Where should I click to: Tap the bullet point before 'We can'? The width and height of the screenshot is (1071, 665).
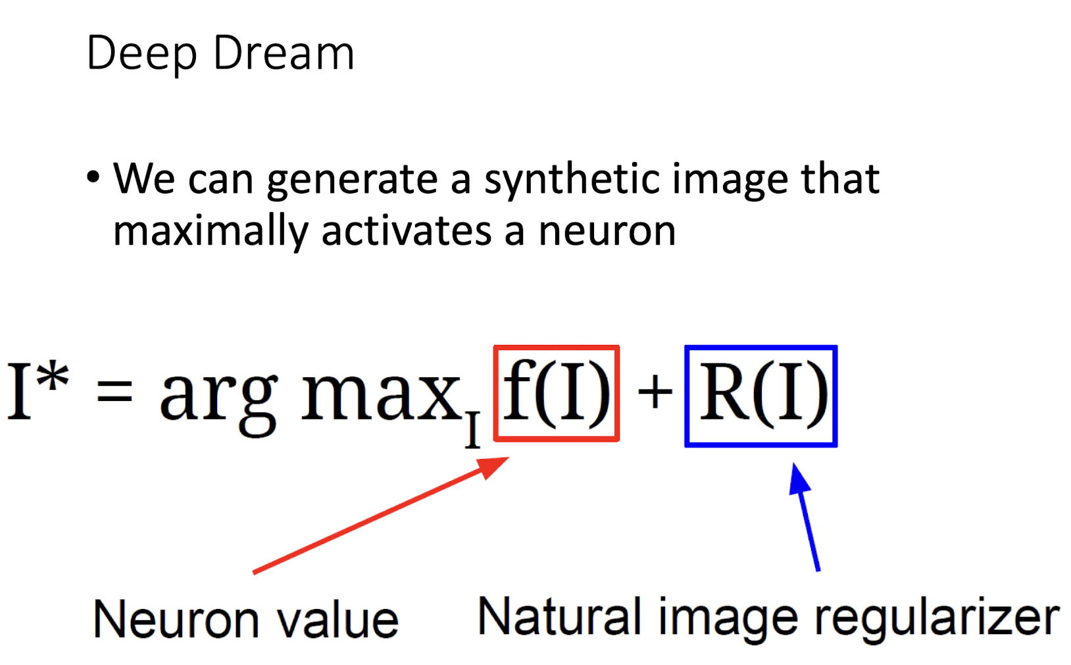tap(93, 177)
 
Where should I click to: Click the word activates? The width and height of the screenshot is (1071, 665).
tap(406, 231)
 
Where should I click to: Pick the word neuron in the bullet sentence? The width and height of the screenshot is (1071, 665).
tap(607, 231)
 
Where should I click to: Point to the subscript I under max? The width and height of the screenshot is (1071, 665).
tap(472, 430)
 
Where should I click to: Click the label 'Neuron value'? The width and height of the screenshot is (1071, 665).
tap(245, 620)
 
